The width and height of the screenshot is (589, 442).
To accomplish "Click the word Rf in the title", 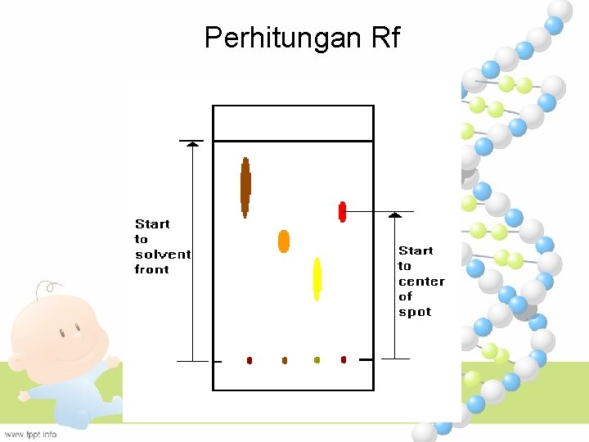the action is (x=384, y=38).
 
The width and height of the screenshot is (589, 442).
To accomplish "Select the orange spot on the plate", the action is (x=284, y=241).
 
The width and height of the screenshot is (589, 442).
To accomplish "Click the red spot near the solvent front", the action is (x=343, y=211).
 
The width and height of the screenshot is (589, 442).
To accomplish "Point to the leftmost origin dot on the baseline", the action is (x=250, y=360).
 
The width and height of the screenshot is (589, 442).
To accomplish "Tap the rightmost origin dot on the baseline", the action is (x=344, y=359).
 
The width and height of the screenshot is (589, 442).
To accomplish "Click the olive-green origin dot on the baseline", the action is (x=317, y=360).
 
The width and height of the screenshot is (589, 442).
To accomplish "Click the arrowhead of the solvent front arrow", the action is (x=192, y=144).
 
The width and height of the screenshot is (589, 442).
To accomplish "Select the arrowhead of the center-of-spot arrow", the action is (x=395, y=215).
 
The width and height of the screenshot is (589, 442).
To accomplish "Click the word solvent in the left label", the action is (x=163, y=255).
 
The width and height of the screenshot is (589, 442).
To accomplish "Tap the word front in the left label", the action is (x=152, y=269).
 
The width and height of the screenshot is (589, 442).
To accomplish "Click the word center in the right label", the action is (x=421, y=282).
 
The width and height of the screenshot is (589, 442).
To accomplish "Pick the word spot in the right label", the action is (x=414, y=312).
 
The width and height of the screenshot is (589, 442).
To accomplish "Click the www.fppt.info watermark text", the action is (x=30, y=434).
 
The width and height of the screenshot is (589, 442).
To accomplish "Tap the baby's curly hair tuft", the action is (x=49, y=287).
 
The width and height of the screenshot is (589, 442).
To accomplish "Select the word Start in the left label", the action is (x=152, y=224).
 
